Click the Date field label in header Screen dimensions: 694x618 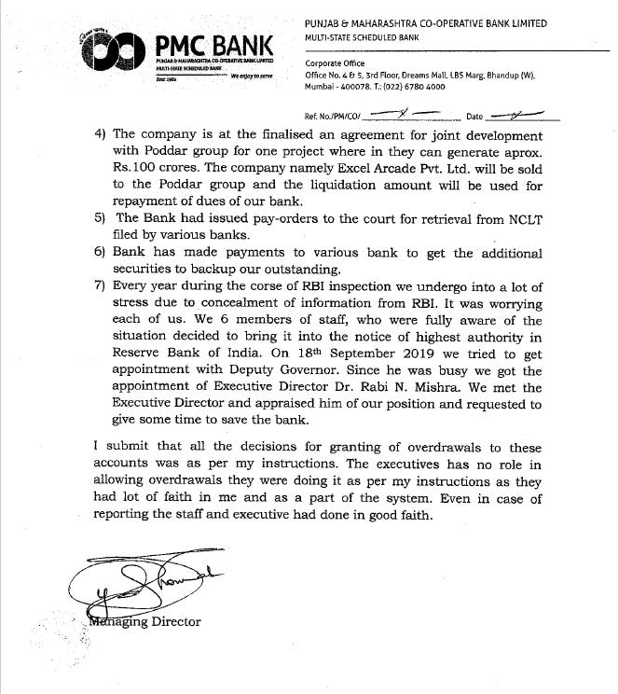pyautogui.click(x=474, y=117)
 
